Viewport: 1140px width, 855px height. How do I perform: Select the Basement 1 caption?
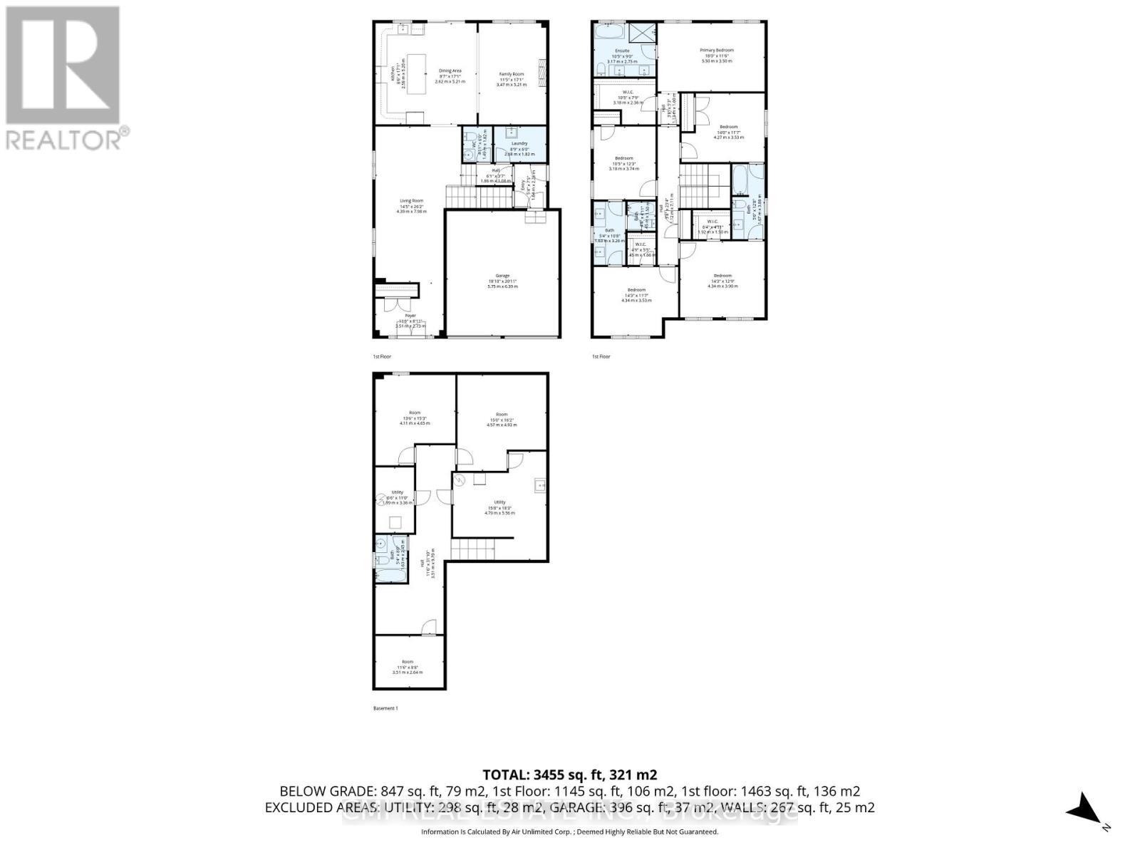pyautogui.click(x=385, y=708)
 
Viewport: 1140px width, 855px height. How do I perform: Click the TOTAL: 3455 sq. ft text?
pyautogui.click(x=569, y=774)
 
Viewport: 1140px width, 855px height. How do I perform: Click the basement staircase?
pyautogui.click(x=472, y=549)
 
